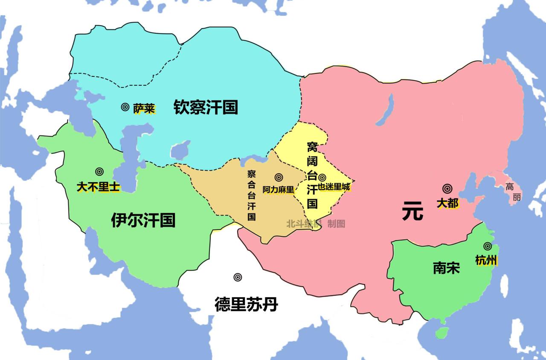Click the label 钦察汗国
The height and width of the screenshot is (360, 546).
[205, 107]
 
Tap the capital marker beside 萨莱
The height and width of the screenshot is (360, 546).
[125, 107]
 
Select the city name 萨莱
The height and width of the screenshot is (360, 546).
[144, 109]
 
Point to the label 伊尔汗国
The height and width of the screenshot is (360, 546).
[143, 221]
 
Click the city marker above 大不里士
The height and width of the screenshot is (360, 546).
[99, 171]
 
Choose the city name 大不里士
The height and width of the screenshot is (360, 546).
[99, 187]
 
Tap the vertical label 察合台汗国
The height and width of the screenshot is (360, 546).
[252, 195]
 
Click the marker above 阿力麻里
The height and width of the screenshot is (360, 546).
[279, 177]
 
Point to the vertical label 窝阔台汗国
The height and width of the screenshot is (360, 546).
[312, 175]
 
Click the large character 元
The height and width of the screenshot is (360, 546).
[412, 212]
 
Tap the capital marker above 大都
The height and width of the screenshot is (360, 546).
[447, 189]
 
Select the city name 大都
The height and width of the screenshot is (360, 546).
[447, 203]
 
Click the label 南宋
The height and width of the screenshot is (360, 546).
[446, 268]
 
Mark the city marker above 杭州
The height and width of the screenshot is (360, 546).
[487, 246]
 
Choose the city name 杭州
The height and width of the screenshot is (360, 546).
[486, 260]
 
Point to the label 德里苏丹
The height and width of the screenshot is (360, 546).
[246, 305]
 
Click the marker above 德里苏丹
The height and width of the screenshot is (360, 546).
[238, 277]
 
